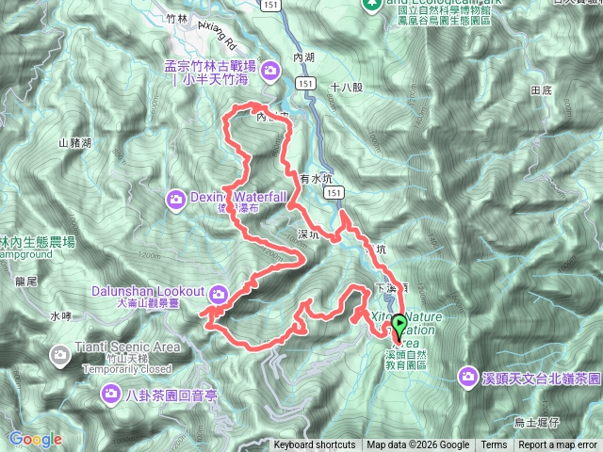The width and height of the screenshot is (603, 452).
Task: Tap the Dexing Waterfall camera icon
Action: (x=176, y=198)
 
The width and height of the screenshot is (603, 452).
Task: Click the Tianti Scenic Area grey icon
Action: (x=60, y=355)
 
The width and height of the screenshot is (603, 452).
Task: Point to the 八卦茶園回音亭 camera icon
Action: (x=112, y=395)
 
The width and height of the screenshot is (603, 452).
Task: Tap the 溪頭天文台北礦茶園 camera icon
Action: (x=468, y=377)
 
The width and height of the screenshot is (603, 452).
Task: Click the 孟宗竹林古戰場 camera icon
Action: (x=271, y=70)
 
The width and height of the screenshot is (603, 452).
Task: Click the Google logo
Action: (x=35, y=439)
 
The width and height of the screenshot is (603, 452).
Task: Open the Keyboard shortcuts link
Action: (x=315, y=445)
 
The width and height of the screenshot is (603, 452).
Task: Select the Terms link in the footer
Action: (x=494, y=445)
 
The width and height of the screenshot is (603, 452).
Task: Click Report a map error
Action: (x=558, y=445)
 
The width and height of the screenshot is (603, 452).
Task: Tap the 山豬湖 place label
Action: (x=74, y=143)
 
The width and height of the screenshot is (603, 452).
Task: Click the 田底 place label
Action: (x=541, y=90)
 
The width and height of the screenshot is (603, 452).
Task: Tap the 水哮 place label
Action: (x=60, y=316)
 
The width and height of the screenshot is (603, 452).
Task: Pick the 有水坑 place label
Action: (x=317, y=177)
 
